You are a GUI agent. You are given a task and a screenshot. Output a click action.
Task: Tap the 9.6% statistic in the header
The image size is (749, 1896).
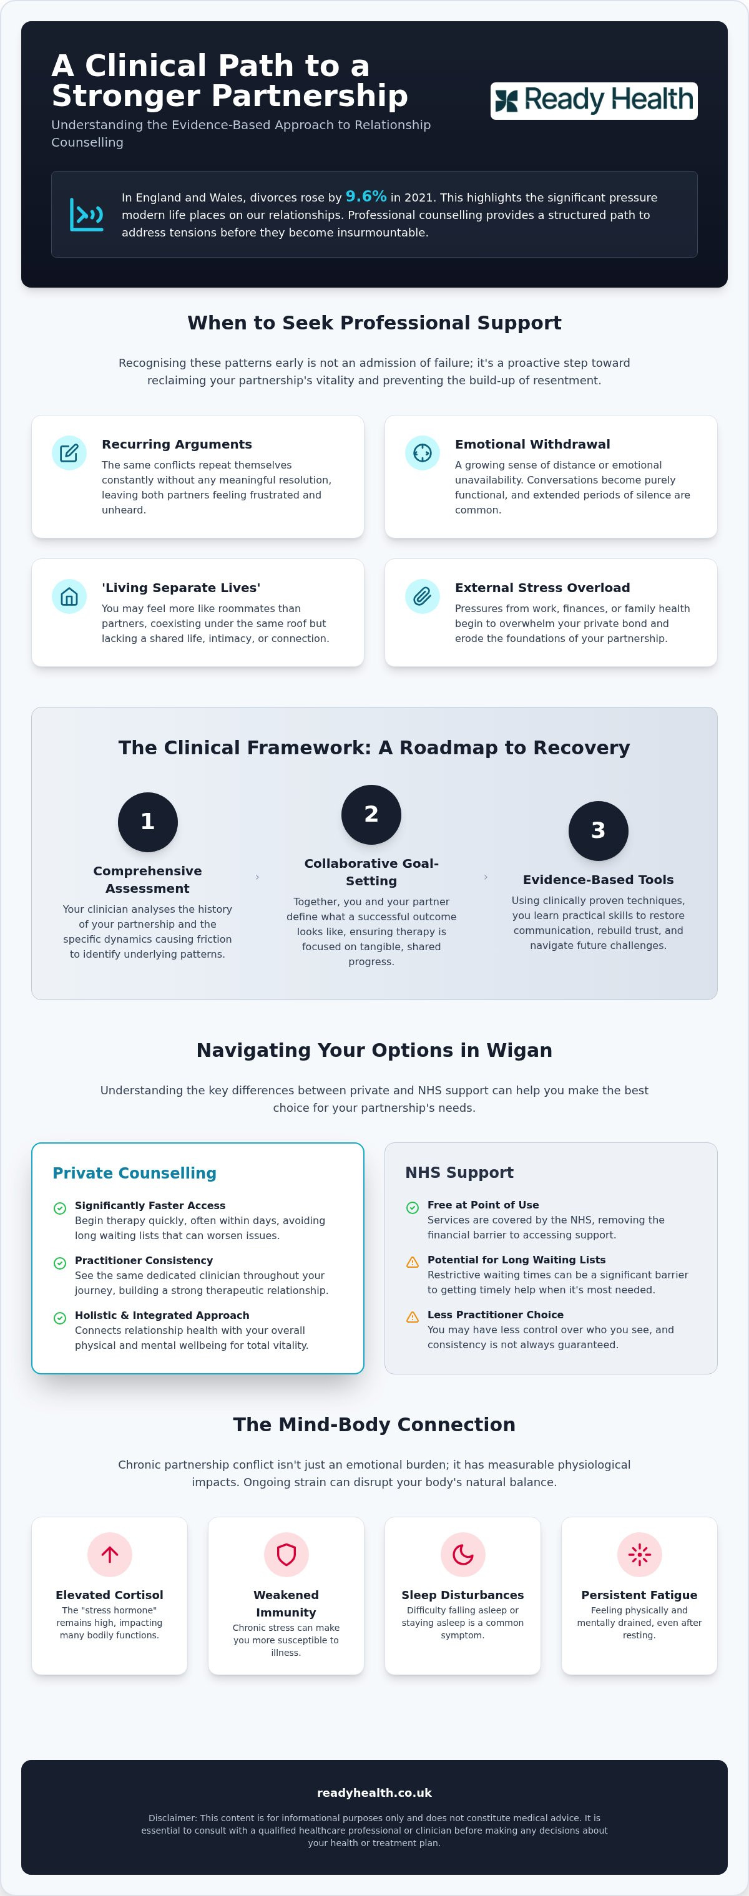click(366, 197)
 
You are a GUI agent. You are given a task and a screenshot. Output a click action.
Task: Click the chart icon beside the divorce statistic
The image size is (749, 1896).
click(86, 214)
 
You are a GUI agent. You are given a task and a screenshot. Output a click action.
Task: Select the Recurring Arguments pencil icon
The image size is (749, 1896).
click(69, 453)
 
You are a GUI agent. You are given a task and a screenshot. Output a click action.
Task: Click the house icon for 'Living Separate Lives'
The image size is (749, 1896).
click(69, 596)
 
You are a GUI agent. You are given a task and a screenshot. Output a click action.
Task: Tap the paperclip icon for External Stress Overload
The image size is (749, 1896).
click(423, 596)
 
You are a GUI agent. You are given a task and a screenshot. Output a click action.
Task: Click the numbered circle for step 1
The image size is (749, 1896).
click(147, 822)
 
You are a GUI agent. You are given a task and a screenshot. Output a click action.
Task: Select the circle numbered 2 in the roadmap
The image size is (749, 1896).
click(371, 815)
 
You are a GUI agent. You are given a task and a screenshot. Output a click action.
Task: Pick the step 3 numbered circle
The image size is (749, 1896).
click(598, 831)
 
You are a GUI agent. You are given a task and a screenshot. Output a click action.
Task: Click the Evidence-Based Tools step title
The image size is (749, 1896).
click(598, 880)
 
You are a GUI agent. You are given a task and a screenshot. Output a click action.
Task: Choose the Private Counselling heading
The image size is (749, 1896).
click(135, 1173)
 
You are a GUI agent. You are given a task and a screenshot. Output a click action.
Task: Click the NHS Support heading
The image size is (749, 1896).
click(459, 1172)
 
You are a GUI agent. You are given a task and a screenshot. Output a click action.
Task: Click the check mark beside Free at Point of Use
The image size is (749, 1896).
click(413, 1207)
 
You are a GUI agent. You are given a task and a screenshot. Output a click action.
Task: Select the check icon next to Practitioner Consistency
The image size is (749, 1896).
click(61, 1263)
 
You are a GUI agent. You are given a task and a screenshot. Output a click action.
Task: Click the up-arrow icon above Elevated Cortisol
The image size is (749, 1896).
click(110, 1555)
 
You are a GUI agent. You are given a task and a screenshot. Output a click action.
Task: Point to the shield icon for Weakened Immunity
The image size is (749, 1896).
click(286, 1555)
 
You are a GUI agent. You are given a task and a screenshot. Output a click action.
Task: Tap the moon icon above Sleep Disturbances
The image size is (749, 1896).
click(463, 1555)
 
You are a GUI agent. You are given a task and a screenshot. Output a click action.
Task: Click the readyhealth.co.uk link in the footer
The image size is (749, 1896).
click(374, 1793)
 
